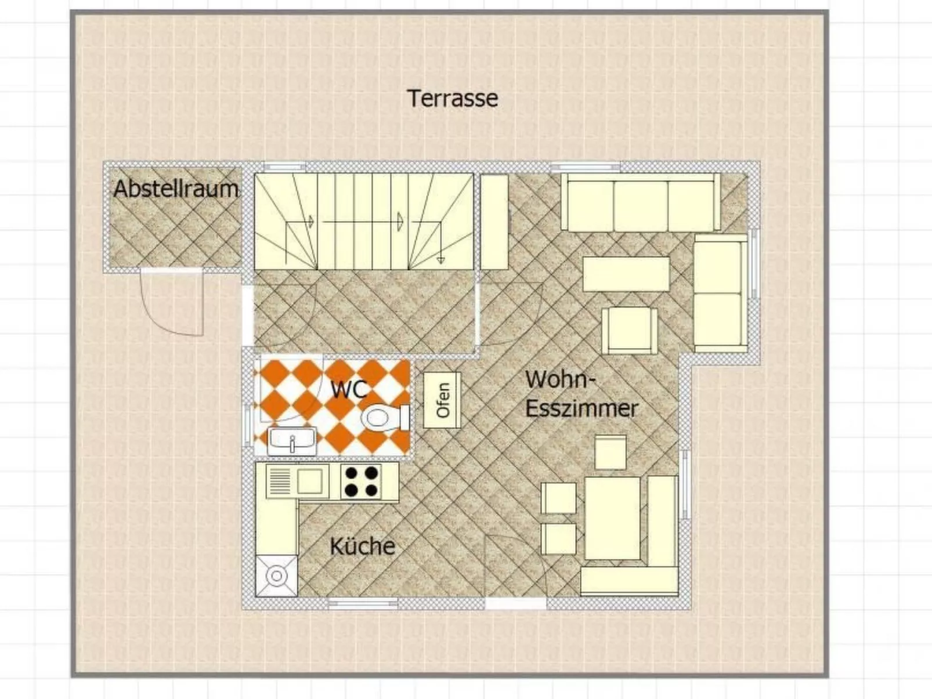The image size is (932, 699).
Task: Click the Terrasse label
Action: pos(453,99)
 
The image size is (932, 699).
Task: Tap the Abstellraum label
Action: pos(176,189)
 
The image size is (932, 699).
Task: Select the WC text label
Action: pos(349,389)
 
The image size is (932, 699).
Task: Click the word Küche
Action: pos(362,546)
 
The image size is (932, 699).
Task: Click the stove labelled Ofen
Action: pos(442,400)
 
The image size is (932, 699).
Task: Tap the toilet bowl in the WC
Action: pos(385,418)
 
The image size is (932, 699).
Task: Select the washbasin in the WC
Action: pos(292,441)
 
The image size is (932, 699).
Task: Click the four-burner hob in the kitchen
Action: pos(362,481)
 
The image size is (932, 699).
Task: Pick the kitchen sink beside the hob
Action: pos(297,481)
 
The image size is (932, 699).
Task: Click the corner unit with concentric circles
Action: pos(276,576)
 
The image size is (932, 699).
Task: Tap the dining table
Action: pos(612,518)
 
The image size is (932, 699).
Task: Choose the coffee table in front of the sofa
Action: pos(626,274)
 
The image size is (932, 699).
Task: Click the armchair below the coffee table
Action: pos(630,331)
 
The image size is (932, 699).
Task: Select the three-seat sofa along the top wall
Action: pos(641,202)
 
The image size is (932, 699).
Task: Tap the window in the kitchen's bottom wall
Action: pos(363,603)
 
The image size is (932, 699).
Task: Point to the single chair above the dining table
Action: pos(611,452)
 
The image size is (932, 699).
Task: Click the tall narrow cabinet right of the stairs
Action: pos(494,222)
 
